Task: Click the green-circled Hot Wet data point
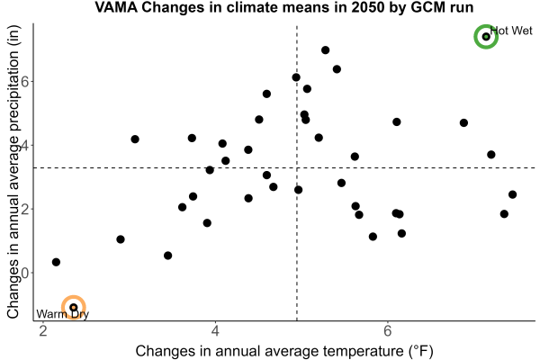(486, 37)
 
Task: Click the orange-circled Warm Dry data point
(74, 307)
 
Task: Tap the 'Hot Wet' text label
(511, 31)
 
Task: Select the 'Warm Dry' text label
(62, 314)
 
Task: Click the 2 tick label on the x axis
(43, 331)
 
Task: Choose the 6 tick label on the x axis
(388, 331)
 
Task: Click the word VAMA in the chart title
(116, 7)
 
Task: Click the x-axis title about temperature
(284, 351)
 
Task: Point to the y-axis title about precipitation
(13, 172)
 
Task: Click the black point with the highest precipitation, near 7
(325, 50)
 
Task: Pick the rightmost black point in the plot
(512, 194)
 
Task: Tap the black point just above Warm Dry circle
(56, 262)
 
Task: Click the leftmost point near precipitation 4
(135, 139)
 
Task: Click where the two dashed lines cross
(297, 167)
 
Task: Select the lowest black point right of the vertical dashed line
(373, 237)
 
